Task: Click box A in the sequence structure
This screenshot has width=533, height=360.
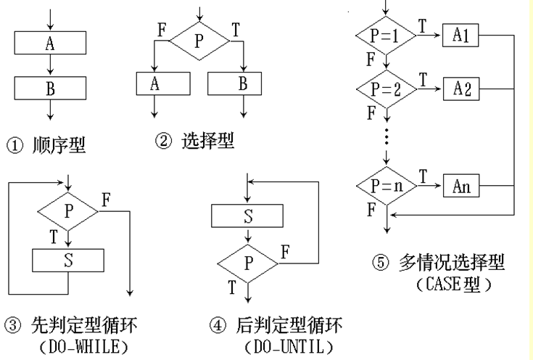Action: coord(50,43)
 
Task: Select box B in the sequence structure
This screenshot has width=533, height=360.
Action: coord(50,88)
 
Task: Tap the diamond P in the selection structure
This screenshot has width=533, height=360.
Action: coord(199,41)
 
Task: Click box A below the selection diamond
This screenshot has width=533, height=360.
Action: coord(163,83)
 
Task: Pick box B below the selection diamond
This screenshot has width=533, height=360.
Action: coord(234,83)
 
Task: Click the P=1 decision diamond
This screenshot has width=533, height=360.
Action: coord(386,35)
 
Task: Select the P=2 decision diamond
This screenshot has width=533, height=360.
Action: coord(387,89)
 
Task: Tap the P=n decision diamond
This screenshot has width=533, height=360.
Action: coord(387,186)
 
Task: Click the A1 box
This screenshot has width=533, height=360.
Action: coord(460,35)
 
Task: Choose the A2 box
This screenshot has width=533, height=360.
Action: coord(461,89)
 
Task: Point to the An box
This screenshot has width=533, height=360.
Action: coord(461,186)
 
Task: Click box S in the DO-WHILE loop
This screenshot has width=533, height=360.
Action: coord(68,261)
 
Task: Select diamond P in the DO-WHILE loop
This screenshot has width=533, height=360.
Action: coord(68,211)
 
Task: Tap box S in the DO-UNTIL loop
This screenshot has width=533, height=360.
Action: coord(247,216)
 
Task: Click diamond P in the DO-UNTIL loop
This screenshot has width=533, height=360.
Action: coord(248,263)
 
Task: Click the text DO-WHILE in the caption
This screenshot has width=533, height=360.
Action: coord(84,347)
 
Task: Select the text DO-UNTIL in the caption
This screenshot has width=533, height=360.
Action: coord(289,347)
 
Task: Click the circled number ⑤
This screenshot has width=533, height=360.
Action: coord(381,263)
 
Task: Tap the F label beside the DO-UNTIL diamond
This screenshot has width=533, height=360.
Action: coord(286,252)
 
